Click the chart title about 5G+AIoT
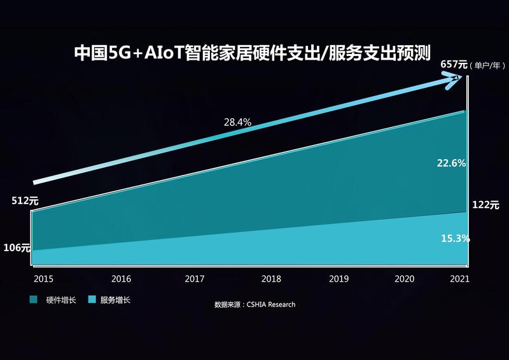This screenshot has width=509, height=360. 253,52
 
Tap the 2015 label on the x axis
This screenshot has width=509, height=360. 44,279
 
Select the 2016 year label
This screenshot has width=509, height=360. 121,279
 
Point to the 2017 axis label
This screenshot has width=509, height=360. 195,279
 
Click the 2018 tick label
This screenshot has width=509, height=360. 271,279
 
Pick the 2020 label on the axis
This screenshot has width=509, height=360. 405,279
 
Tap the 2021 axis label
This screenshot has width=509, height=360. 459,279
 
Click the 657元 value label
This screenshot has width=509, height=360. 454,64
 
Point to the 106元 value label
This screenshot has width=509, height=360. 17,248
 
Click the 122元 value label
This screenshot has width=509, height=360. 485,205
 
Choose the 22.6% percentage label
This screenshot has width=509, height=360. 451,163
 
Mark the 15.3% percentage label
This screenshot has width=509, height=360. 455,239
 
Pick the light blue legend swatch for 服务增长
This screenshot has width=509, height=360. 92,300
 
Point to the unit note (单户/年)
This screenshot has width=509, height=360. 487,65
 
